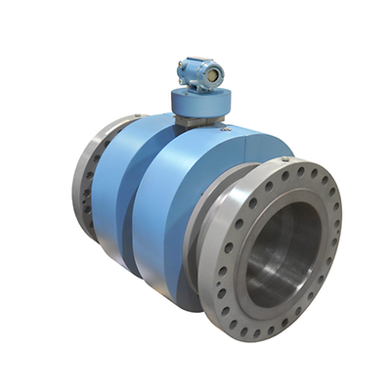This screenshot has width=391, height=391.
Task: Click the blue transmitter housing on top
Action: pyautogui.click(x=200, y=73)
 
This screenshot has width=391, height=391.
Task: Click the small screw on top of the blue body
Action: pyautogui.click(x=226, y=127)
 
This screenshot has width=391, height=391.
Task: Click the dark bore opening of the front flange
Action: pyautogui.click(x=283, y=256)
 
